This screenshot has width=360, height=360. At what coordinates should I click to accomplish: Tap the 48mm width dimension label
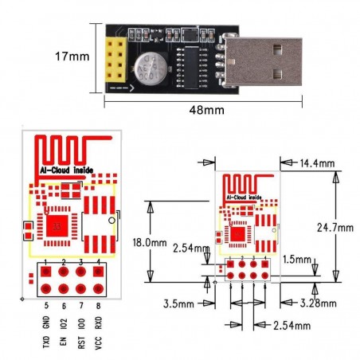tap(205, 108)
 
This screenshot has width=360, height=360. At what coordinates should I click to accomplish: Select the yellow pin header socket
tap(118, 57)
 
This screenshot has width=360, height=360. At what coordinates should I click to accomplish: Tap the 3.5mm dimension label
tap(177, 303)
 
